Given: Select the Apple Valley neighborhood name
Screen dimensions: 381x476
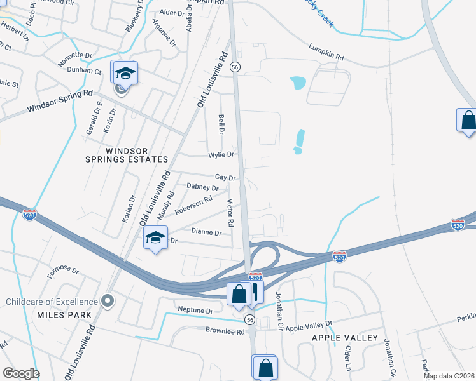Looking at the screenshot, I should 345,338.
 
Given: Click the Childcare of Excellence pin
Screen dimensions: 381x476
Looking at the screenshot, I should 108,300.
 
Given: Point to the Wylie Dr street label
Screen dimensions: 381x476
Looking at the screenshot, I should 221,154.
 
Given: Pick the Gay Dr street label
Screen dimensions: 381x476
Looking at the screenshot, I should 225,178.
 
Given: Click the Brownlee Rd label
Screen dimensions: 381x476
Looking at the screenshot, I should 225,331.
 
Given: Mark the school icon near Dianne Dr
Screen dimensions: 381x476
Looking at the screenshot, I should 155,239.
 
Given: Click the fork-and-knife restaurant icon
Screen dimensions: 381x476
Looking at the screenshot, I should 255,292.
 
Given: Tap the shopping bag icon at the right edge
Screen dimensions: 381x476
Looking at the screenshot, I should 468,120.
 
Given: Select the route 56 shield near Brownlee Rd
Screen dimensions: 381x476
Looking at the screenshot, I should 251,319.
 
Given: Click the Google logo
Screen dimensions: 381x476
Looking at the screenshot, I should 21,373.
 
